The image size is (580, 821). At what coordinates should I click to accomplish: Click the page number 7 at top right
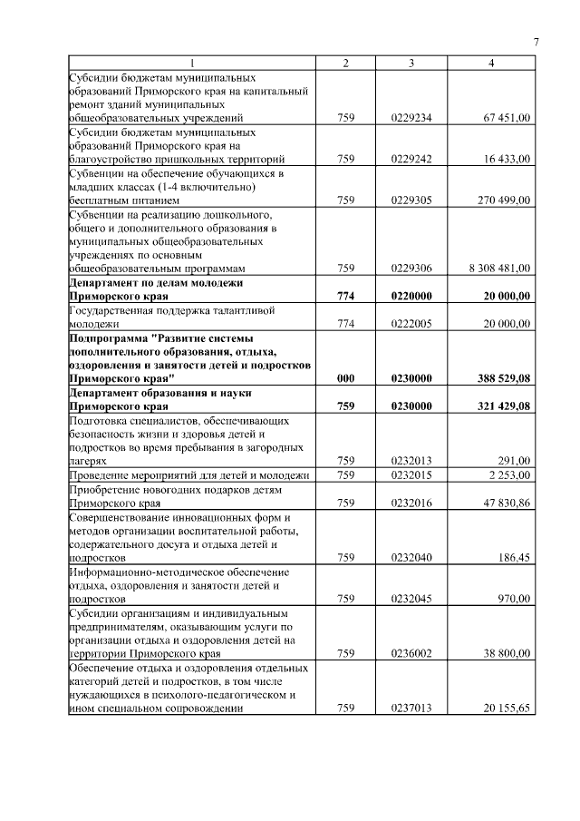536,43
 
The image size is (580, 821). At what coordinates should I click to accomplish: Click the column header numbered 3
411,63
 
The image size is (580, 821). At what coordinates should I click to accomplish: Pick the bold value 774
345,296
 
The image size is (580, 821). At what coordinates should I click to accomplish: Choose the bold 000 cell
345,378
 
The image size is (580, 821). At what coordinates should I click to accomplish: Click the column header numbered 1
191,63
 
